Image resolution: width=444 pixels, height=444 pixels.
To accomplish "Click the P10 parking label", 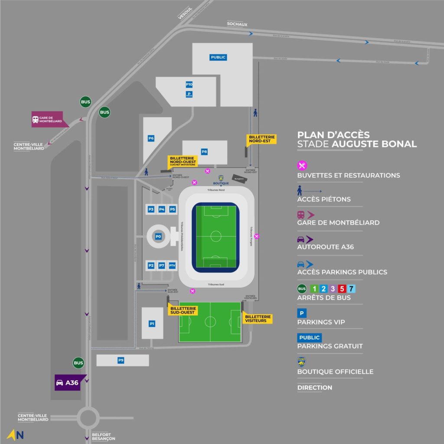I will (x=189, y=85).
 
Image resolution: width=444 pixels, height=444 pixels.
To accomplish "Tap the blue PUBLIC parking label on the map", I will (x=219, y=57).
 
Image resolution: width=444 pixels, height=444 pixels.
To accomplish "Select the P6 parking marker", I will (x=151, y=139).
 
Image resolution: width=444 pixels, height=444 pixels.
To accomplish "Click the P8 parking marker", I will (x=204, y=152).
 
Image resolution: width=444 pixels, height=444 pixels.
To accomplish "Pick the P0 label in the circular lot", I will (x=158, y=236).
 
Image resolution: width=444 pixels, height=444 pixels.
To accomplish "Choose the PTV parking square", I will (x=172, y=265).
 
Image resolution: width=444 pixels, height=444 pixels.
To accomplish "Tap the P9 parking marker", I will (x=121, y=360).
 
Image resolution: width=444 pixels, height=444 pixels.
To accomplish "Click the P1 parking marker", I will (x=152, y=323).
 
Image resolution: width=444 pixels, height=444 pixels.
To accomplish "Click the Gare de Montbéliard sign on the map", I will (x=49, y=119).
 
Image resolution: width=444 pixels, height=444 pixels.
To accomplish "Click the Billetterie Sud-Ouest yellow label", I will (x=184, y=310).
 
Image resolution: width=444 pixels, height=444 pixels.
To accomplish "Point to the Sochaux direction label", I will (x=237, y=25).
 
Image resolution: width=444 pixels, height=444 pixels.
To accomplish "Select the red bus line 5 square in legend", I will (x=342, y=289).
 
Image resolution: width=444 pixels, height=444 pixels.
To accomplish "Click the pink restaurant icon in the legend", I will (x=302, y=165).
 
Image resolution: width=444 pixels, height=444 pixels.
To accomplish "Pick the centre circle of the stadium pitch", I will (x=216, y=236).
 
